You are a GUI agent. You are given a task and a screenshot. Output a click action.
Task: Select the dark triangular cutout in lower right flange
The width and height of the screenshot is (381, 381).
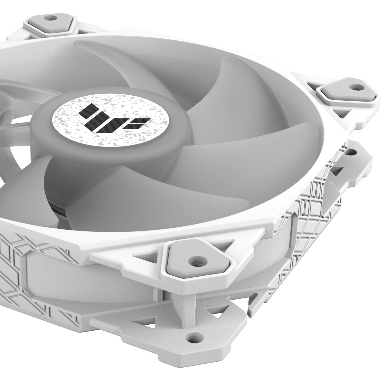337,170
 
